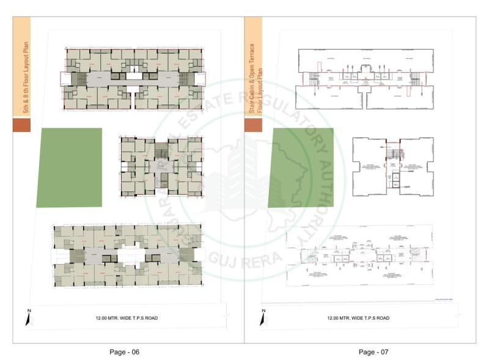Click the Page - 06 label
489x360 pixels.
tap(125, 351)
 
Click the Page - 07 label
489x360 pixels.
tap(373, 351)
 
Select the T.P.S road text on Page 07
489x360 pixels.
tap(358, 318)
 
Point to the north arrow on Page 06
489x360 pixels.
tap(28, 318)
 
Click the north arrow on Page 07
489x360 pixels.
tap(263, 318)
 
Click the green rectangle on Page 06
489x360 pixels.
tap(69, 167)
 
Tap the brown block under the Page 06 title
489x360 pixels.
tap(21, 125)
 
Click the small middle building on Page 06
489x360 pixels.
tap(161, 166)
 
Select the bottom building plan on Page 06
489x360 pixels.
tap(127, 255)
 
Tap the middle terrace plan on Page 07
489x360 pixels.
tap(392, 166)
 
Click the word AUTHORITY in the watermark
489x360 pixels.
tap(323, 183)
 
